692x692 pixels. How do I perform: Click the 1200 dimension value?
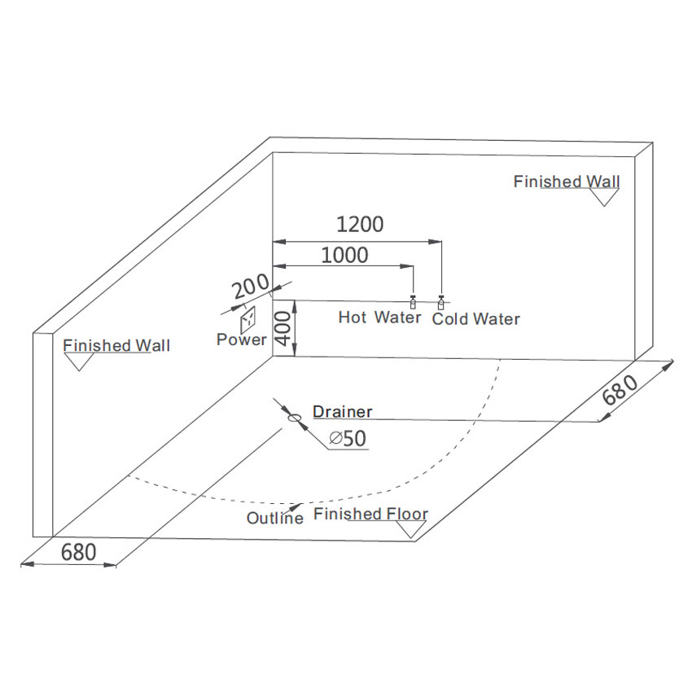tap(359, 224)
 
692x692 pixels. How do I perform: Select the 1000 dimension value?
tap(344, 255)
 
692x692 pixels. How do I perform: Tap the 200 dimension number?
tap(249, 287)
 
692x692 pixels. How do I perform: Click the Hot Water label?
tap(379, 318)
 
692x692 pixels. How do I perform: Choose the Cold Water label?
tap(475, 319)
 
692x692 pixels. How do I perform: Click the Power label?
tap(241, 339)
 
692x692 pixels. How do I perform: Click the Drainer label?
tap(343, 412)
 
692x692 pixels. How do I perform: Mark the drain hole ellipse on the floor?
tap(294, 418)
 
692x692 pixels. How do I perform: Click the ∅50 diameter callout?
tap(348, 440)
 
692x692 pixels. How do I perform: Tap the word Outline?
tap(275, 518)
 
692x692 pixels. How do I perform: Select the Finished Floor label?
tap(370, 515)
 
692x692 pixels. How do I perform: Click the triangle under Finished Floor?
tap(410, 529)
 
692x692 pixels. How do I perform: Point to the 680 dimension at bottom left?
tap(78, 552)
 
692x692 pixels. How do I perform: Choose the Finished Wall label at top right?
tap(566, 182)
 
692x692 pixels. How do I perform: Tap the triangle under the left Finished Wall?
tap(80, 362)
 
